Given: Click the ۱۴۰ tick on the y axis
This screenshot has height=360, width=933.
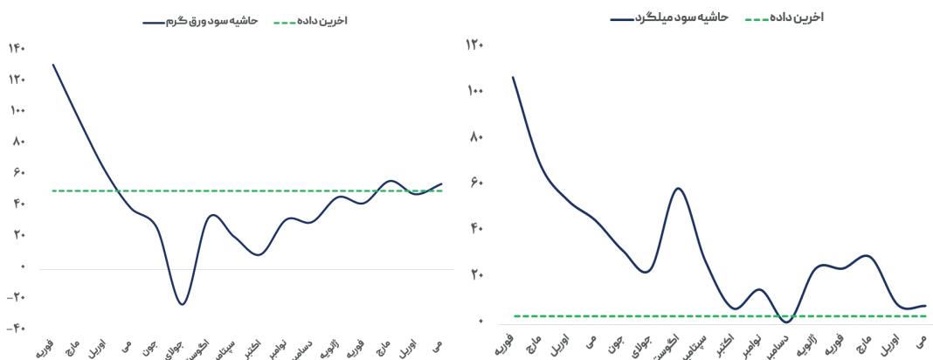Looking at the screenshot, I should (17, 48).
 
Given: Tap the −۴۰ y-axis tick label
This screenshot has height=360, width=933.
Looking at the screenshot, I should (16, 329).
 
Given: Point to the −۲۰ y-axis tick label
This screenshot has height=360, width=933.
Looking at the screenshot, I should (16, 297).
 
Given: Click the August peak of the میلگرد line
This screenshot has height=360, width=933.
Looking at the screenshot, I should (678, 188).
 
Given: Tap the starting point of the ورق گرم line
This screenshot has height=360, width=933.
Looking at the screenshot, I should (53, 65).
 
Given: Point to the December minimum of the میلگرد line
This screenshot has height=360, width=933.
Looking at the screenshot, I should (786, 322).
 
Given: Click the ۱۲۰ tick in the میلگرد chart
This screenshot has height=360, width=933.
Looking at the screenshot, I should (476, 45).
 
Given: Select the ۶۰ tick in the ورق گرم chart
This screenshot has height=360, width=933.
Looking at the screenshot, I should (17, 172).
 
